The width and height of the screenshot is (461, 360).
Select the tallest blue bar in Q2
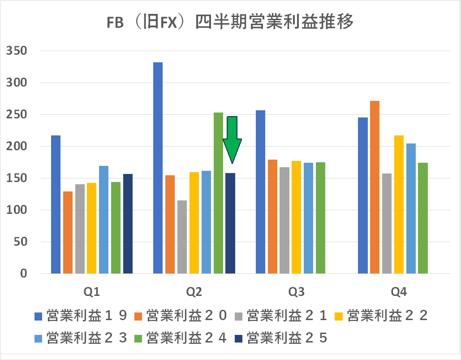pos(158,168)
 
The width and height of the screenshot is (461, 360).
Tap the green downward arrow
pos(232,139)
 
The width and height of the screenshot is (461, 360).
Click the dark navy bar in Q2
pos(230,223)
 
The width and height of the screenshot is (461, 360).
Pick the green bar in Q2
pos(218,193)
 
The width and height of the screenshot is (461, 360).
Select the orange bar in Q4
pos(375,187)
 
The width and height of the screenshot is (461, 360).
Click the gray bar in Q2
pos(182,237)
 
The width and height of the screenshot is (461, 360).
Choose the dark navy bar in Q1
pos(128,224)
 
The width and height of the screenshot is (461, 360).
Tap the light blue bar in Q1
pos(103,220)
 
